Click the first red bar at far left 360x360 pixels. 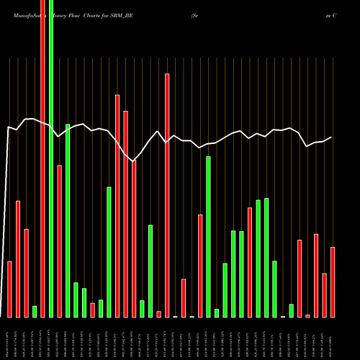pos(10,289)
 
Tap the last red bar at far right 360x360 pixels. pos(333,282)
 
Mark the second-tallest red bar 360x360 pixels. pos(167,194)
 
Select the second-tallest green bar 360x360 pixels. pos(68,220)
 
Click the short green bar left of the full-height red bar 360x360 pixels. pos(35,311)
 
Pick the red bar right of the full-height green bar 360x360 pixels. pos(60,241)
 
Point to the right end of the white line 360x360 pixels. pos(331,137)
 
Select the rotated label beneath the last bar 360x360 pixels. pos(333,338)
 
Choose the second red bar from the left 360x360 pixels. pos(18,258)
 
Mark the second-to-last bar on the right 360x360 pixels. pos(325,295)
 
